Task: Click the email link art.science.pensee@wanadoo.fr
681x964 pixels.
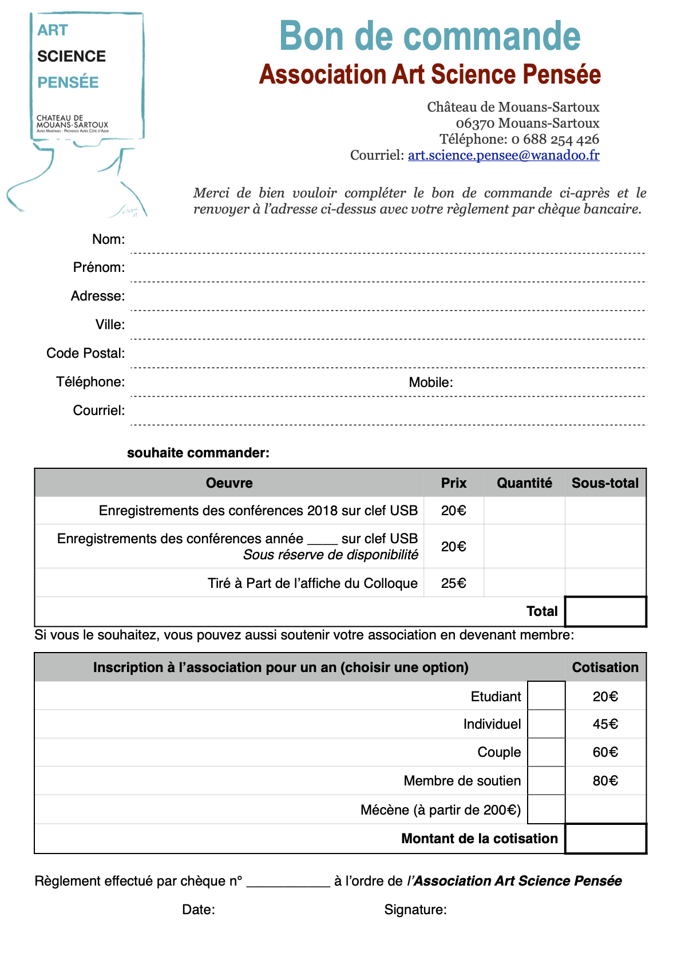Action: pos(504,155)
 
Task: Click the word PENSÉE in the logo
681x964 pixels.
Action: pos(68,82)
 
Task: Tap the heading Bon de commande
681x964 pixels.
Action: pos(430,36)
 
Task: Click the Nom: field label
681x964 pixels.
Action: pos(108,239)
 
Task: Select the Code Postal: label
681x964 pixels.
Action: pos(85,353)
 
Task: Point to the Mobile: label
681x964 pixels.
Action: pos(430,382)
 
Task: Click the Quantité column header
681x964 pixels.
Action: pos(524,483)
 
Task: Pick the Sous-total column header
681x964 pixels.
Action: pos(605,483)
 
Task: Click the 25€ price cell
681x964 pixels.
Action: pos(453,583)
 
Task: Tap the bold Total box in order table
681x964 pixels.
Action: pos(605,611)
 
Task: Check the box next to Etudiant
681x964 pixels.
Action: pos(546,696)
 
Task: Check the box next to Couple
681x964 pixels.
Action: pos(546,752)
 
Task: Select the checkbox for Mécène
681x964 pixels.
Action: pos(546,809)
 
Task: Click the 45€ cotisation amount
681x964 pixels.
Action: pos(605,724)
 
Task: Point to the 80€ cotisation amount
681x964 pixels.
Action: pos(605,781)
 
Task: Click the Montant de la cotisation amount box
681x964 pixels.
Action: pos(605,839)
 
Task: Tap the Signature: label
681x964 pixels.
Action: pos(415,910)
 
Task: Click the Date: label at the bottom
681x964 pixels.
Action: pos(198,910)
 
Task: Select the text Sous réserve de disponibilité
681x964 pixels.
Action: pos(330,555)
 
